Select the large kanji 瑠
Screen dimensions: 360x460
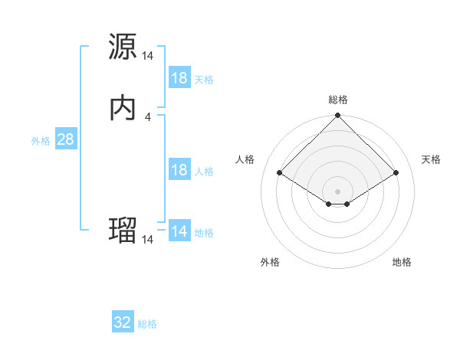coord(123,230)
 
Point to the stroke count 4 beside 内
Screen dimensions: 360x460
coord(148,117)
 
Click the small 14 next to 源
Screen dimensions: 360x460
coord(148,55)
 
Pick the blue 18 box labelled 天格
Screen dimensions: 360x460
coord(179,78)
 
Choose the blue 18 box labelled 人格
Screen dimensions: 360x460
coord(179,170)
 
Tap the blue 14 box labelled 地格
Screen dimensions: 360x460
coord(179,231)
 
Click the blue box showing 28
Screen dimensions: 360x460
coord(65,139)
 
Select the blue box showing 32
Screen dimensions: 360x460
coord(123,322)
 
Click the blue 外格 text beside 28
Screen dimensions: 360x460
coord(41,141)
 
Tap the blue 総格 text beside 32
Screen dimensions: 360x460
coord(147,324)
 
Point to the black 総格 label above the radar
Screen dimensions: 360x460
coord(338,100)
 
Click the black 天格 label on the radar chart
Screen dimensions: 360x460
coord(431,159)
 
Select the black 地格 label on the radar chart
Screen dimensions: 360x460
coord(402,262)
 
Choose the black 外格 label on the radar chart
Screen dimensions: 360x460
coord(270,262)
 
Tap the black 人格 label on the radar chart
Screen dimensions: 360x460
coord(245,159)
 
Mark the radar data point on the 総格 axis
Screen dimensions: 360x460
coord(338,116)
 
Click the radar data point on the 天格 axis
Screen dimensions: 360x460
coord(396,172)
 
